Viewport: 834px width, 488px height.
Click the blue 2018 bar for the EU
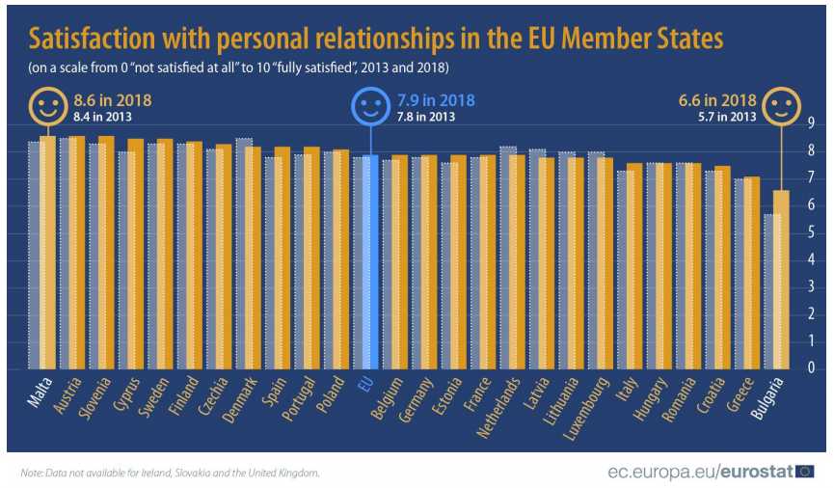(x=366, y=260)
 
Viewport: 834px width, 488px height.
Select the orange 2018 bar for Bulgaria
(x=782, y=280)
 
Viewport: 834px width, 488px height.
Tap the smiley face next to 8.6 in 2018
(x=47, y=105)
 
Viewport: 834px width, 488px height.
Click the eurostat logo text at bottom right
(x=752, y=472)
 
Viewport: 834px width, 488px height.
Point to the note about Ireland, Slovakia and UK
(x=169, y=473)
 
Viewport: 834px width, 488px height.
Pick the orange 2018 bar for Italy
(x=634, y=266)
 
